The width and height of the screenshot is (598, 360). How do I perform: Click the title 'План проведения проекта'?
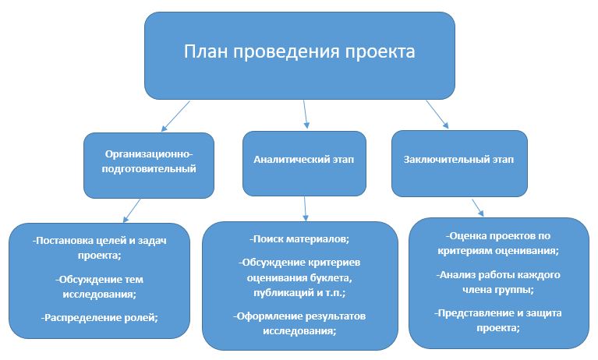[x=299, y=53]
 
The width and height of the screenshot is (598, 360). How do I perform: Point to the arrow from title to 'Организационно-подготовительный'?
[x=175, y=115]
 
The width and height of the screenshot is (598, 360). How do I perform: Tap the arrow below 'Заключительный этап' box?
[x=477, y=206]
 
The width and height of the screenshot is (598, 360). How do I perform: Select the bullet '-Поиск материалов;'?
[x=300, y=238]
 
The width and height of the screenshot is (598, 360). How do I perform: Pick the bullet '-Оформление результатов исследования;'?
[x=300, y=323]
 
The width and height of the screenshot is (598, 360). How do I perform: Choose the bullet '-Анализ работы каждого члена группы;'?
[x=498, y=282]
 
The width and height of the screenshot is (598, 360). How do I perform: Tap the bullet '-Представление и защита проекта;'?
[x=498, y=320]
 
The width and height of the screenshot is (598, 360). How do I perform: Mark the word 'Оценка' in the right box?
[x=467, y=235]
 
